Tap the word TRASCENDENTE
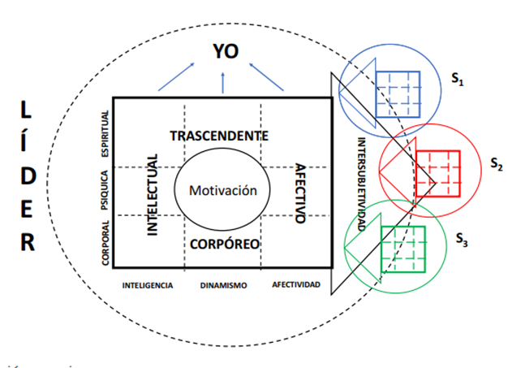tap(219, 135)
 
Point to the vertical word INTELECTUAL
tap(153, 193)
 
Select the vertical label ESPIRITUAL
tap(105, 134)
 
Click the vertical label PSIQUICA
tap(105, 192)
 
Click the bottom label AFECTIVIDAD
tap(296, 285)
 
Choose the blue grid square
tap(397, 93)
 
